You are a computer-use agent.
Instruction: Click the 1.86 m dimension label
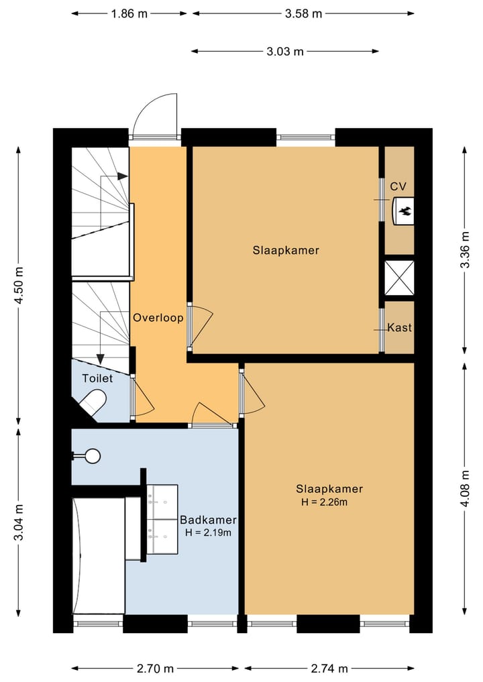coord(129,14)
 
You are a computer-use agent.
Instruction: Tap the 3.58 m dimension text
coord(303,14)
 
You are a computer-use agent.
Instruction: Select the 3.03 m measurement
coord(285,52)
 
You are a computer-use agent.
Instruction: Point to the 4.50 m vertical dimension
coord(19,285)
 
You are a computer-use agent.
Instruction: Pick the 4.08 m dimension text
coord(465,488)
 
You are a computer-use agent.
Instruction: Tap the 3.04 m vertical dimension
coord(19,522)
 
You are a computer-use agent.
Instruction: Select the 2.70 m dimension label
coord(155,669)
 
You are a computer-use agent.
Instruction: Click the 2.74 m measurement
coord(329,669)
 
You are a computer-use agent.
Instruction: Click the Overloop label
coord(158,318)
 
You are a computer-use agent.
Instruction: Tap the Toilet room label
coord(97,378)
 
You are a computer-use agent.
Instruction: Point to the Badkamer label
coord(208,520)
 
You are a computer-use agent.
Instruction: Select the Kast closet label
coord(399,327)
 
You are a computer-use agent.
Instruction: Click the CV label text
coord(398,186)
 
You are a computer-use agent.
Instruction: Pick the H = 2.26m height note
coord(324,502)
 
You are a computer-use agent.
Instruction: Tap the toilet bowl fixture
coord(93,402)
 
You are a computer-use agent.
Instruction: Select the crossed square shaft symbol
coord(399,278)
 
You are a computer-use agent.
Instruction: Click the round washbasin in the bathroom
coord(93,456)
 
